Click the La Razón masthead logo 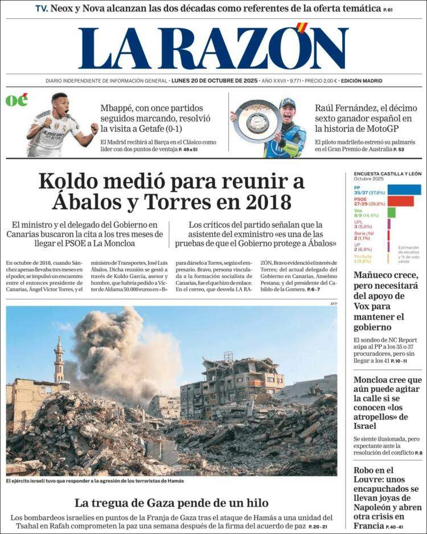pos(213,48)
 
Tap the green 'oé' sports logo pos(17,100)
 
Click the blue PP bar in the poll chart pos(404,189)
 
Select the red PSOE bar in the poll pos(400,201)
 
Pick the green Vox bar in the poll pos(391,212)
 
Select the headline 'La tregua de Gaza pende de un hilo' pos(171,503)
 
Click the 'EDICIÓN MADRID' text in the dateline pos(362,81)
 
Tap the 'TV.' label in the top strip pos(41,9)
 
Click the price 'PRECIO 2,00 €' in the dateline pos(321,81)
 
